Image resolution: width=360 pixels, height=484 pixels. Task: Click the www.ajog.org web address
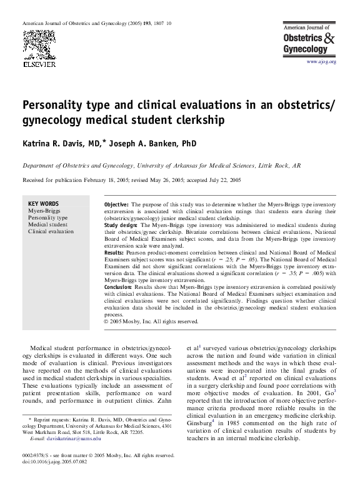(321, 63)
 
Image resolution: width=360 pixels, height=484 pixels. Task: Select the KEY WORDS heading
(44, 204)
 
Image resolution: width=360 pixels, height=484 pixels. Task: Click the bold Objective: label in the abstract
(116, 204)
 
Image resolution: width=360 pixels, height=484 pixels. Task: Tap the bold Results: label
(114, 252)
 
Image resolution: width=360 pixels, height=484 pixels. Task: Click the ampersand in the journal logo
(331, 39)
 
